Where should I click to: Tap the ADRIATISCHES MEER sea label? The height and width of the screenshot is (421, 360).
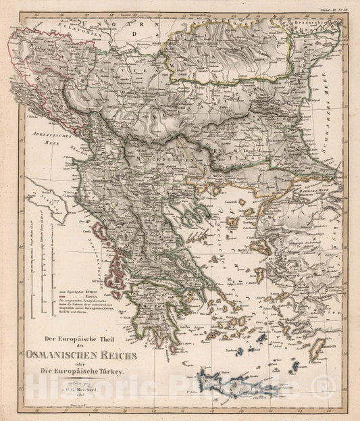pyautogui.click(x=45, y=137)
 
